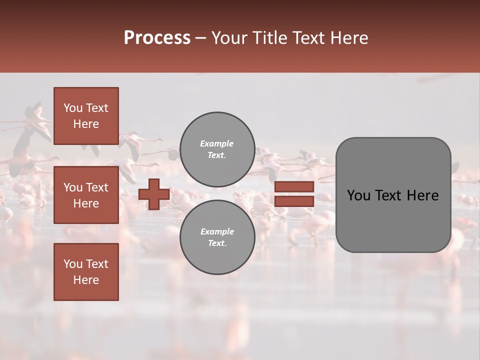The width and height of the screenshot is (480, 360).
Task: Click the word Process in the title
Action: coord(157,38)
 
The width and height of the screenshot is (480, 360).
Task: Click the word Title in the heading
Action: coord(268,38)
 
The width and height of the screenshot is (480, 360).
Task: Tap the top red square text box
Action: coord(86,116)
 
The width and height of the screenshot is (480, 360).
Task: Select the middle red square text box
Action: coord(86,195)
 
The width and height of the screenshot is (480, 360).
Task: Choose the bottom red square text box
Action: coord(86,271)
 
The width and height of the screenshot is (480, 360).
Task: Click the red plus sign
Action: coord(154,194)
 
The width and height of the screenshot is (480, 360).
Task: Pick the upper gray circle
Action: coord(217,149)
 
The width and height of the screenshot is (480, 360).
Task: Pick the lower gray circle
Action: coord(217,237)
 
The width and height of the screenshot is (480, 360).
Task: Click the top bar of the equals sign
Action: coord(294,187)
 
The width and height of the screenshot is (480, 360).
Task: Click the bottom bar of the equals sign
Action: coord(294,201)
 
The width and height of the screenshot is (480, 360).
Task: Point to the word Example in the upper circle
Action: coord(217,144)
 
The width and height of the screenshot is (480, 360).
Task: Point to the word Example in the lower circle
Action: coord(217,232)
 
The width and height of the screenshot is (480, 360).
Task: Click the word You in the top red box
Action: coord(72,108)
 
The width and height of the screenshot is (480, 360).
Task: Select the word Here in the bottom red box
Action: coord(86,280)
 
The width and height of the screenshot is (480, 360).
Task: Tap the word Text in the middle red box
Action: coord(96,187)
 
